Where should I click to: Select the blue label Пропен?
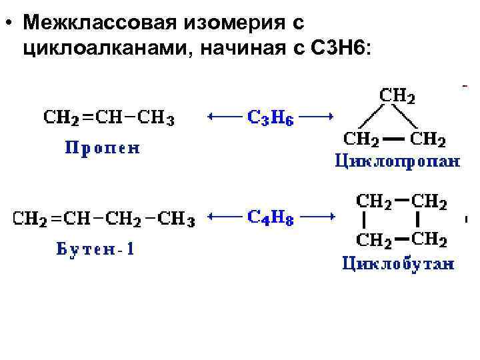click(x=102, y=147)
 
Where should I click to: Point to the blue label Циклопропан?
click(x=397, y=161)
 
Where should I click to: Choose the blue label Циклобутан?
click(x=398, y=264)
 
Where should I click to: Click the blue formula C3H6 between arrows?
click(x=271, y=118)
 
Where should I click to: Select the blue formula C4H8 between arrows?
click(x=271, y=216)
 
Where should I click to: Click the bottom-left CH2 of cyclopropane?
click(x=362, y=139)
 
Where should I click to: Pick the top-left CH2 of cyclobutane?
click(x=375, y=199)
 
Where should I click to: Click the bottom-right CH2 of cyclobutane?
click(x=429, y=239)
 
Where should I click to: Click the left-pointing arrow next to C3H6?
click(x=224, y=117)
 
